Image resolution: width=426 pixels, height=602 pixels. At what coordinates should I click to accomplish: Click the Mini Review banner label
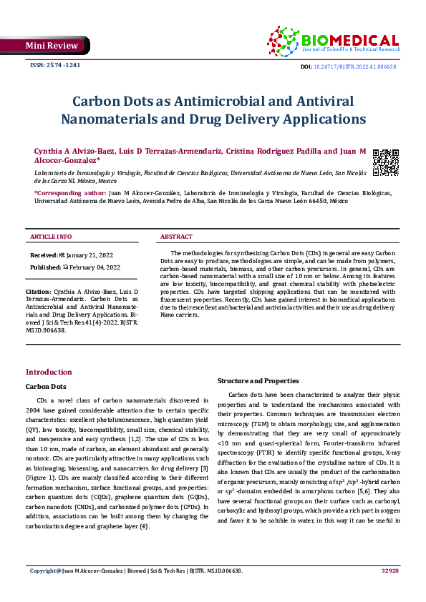tap(52, 46)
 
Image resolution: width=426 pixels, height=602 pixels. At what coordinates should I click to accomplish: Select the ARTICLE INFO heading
tap(50, 237)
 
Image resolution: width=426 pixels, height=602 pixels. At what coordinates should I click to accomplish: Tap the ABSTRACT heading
tap(176, 237)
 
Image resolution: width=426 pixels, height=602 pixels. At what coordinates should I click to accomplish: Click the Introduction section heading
tap(49, 372)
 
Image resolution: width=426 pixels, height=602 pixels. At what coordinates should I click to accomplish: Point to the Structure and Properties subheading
tap(258, 380)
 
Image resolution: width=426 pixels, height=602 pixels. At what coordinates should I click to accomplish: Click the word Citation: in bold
tap(38, 292)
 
